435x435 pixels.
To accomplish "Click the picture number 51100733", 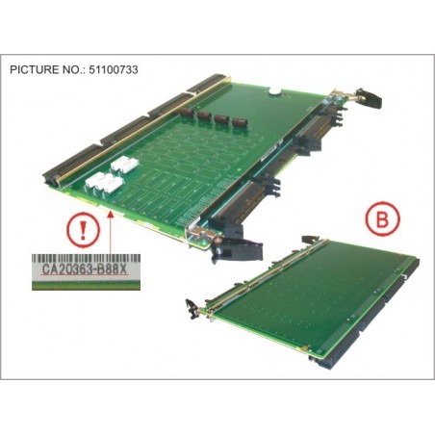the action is (x=112, y=69).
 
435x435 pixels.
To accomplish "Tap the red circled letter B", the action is (x=382, y=218).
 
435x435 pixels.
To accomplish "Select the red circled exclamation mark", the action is (x=83, y=230).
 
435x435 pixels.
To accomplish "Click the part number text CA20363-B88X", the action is (x=85, y=269).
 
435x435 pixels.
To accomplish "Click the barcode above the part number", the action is (x=86, y=259).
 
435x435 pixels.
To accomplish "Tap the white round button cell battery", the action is (x=274, y=91).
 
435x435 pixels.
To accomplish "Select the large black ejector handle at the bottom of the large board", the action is (x=238, y=247).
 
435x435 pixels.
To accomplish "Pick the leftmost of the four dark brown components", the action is (x=186, y=113).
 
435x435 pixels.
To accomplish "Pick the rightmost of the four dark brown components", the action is (x=239, y=122).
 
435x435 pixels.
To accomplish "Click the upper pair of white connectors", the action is (x=124, y=164).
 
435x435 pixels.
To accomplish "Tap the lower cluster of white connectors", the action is (x=103, y=183).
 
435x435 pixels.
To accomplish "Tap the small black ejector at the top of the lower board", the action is (x=311, y=239).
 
